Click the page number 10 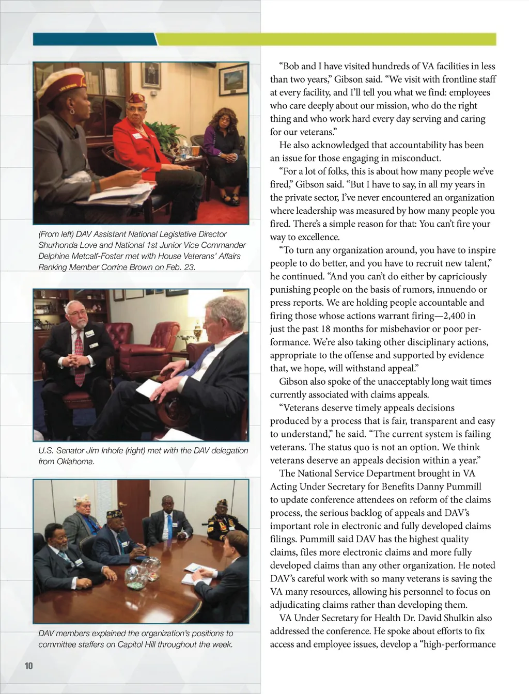click(x=28, y=666)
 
